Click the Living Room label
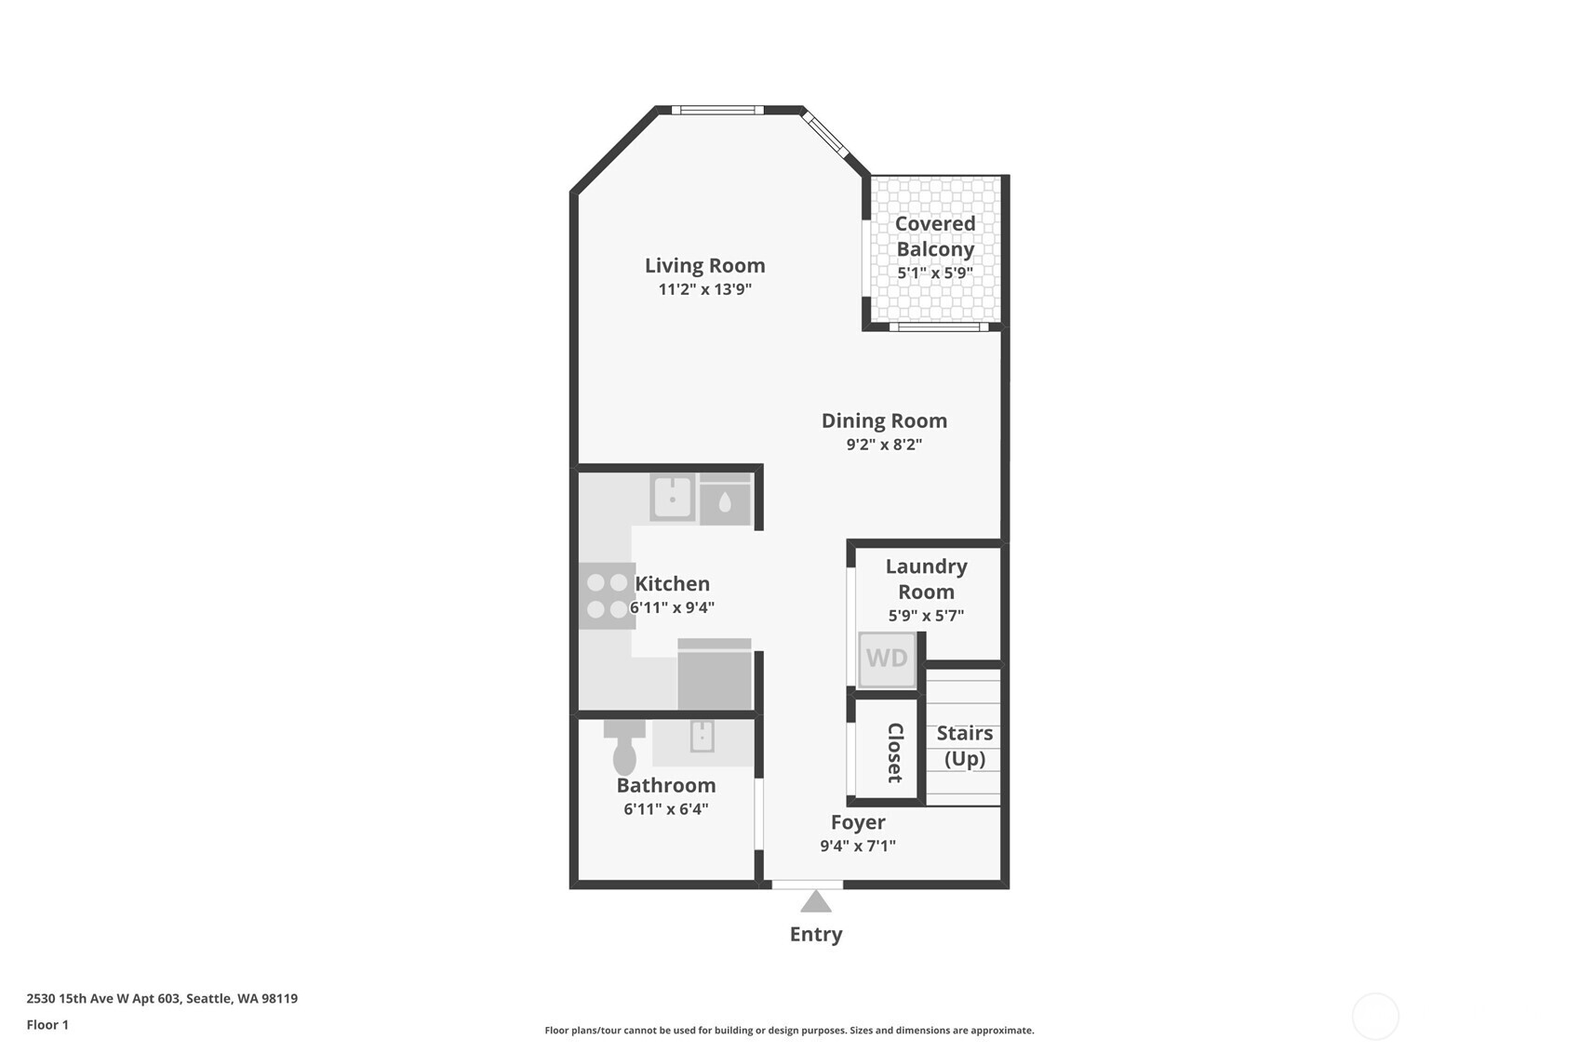704,265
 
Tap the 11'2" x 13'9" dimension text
704,289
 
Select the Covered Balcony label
934,236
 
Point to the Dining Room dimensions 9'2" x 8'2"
883,445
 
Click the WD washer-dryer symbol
887,659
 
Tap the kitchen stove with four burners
607,596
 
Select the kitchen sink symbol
673,498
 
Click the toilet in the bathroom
624,747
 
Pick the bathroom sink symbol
702,738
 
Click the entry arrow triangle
816,901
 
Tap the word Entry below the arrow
816,934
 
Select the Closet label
895,752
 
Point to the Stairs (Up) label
964,746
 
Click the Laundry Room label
926,579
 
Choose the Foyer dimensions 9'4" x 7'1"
857,846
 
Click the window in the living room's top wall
717,110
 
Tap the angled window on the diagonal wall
825,135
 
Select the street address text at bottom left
162,998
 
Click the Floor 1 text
47,1024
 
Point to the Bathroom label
665,785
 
